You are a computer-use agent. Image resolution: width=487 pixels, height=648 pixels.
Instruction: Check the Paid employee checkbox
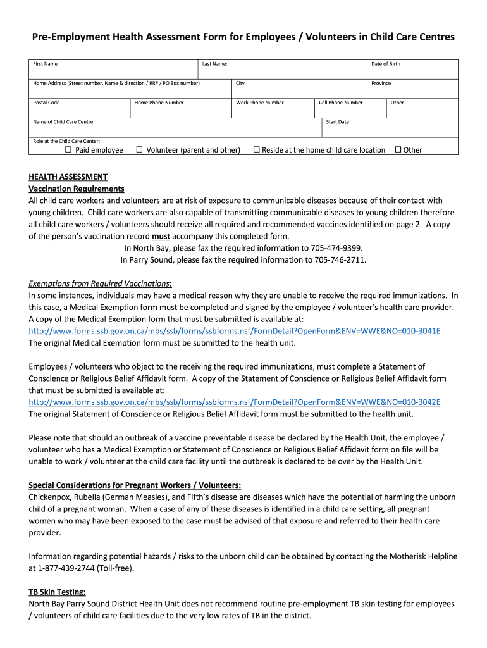point(69,150)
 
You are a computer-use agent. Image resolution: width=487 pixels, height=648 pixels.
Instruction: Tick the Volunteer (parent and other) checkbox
point(139,150)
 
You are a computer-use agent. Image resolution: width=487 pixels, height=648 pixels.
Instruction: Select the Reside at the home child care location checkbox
point(257,150)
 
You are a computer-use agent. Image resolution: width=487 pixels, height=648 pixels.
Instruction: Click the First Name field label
point(46,64)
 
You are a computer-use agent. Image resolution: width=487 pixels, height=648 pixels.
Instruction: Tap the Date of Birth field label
point(385,64)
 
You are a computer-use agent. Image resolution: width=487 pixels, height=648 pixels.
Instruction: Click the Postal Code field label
point(46,103)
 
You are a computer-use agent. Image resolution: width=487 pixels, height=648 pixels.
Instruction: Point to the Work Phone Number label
point(259,103)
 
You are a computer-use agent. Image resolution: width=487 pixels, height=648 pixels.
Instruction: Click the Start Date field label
point(337,122)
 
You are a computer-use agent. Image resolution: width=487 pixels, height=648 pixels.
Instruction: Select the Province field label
point(381,84)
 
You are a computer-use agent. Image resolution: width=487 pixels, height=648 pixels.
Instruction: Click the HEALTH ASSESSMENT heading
point(68,177)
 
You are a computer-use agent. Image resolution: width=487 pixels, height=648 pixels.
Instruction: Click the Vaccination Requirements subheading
point(77,189)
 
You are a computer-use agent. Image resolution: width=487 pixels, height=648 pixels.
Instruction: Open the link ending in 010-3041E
point(235,331)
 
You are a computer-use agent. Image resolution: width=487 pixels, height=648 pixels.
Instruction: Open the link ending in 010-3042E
point(235,402)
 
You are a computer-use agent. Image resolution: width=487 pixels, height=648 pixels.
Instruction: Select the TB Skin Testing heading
point(57,592)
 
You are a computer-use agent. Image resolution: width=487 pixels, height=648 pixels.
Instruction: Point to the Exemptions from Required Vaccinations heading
point(100,283)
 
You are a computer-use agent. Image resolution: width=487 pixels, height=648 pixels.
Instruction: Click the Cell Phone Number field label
point(340,103)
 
